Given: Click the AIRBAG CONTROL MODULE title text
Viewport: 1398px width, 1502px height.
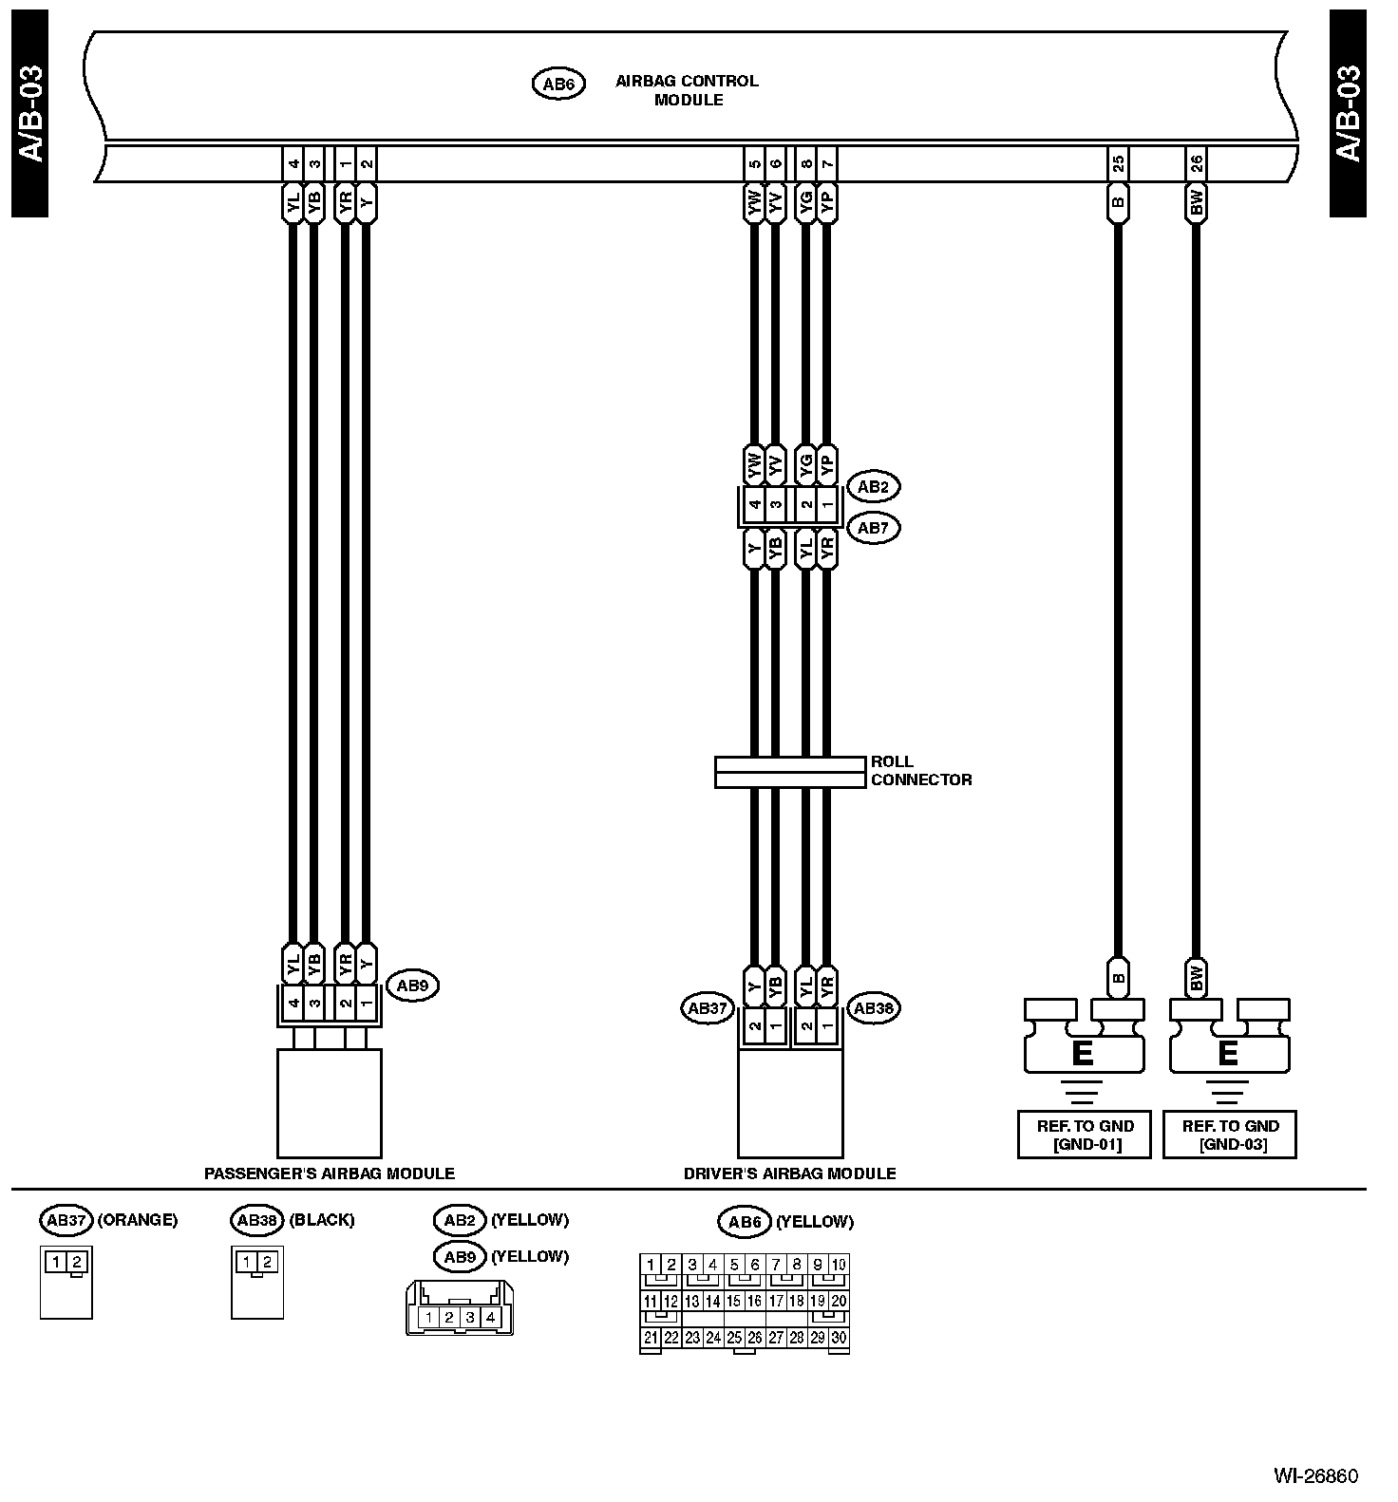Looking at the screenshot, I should pyautogui.click(x=687, y=90).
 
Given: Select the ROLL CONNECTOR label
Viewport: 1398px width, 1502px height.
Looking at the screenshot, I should pyautogui.click(x=920, y=771).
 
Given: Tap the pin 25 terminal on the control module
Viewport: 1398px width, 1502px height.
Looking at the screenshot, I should pyautogui.click(x=1118, y=164).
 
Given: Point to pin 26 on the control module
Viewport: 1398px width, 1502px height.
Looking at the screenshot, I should pyautogui.click(x=1196, y=164).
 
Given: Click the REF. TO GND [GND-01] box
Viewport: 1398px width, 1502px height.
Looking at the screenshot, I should pyautogui.click(x=1085, y=1135).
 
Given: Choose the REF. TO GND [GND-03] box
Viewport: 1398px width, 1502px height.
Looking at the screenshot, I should pyautogui.click(x=1230, y=1135).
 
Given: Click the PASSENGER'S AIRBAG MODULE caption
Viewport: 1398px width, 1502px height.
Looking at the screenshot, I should pyautogui.click(x=330, y=1173).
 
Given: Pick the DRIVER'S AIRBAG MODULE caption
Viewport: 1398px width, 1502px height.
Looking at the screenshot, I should pyautogui.click(x=789, y=1173).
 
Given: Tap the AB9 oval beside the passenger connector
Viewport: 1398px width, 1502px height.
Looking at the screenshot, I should pyautogui.click(x=412, y=986).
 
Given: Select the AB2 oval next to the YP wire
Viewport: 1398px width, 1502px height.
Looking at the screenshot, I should pyautogui.click(x=873, y=487).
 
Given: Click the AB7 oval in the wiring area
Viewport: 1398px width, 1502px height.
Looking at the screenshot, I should pyautogui.click(x=873, y=528).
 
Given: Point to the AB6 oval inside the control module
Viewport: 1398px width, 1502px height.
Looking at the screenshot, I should pyautogui.click(x=557, y=84).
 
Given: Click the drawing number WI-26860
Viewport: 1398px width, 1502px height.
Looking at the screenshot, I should pyautogui.click(x=1315, y=1476).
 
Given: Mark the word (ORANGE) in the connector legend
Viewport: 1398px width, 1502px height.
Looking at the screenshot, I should pyautogui.click(x=138, y=1220).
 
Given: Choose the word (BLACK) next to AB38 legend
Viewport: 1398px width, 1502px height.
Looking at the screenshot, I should pyautogui.click(x=321, y=1220).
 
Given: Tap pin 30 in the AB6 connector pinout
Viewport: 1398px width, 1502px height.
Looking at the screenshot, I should pyautogui.click(x=839, y=1338).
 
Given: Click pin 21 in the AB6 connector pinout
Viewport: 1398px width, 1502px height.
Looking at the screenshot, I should pyautogui.click(x=651, y=1338).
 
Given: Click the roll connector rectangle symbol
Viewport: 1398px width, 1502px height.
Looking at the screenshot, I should pyautogui.click(x=790, y=772).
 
